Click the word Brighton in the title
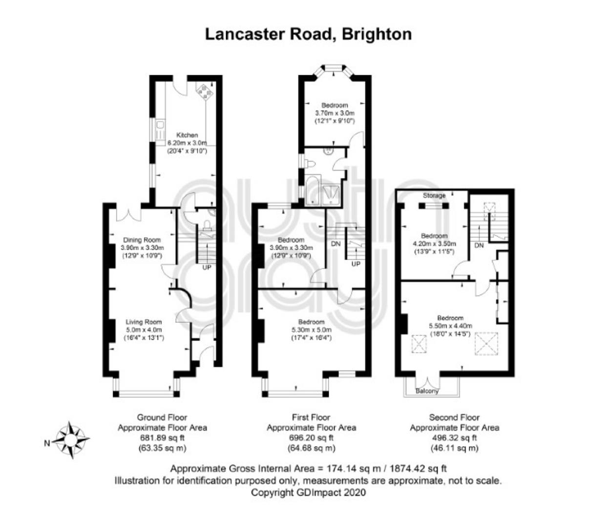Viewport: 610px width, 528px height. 377,34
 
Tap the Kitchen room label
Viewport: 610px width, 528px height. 187,135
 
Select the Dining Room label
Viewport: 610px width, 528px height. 142,240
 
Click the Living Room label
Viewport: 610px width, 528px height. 144,322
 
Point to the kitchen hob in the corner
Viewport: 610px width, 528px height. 205,92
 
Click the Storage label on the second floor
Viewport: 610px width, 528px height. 434,195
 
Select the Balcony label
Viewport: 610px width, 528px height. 427,391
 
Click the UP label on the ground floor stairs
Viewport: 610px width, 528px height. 207,267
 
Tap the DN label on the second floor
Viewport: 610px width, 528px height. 479,245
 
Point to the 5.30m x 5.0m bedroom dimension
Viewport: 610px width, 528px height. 311,330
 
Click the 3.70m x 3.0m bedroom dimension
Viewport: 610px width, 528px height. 335,113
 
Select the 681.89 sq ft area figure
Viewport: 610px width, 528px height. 162,438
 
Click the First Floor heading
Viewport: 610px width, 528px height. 311,417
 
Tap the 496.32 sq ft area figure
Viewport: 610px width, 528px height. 454,438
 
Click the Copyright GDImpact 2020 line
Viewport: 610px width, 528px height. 308,492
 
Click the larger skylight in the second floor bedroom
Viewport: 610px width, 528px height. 486,344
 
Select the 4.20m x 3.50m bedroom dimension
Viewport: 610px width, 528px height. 434,244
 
